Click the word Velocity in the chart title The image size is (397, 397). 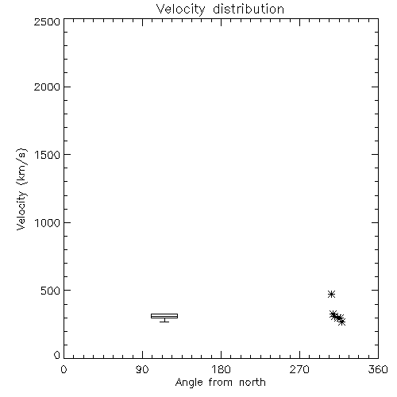click(x=180, y=10)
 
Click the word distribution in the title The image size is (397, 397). click(x=249, y=9)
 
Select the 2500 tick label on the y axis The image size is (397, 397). click(x=47, y=21)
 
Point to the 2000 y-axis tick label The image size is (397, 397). click(x=47, y=87)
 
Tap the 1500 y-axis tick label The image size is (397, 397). click(x=48, y=155)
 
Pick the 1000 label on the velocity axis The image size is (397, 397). click(x=48, y=222)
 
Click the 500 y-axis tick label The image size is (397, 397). click(x=51, y=291)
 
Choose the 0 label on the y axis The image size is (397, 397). click(x=57, y=355)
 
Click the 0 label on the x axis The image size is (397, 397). click(x=64, y=369)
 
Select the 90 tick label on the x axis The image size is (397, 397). click(x=142, y=369)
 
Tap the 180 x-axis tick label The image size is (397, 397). click(x=221, y=369)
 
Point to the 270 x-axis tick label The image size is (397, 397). click(x=299, y=369)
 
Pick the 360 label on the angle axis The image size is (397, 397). click(x=378, y=369)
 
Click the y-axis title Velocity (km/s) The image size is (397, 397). click(x=21, y=189)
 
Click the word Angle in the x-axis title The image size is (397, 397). click(x=189, y=383)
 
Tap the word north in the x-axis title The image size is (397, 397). click(x=252, y=383)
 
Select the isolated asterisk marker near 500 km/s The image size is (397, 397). click(x=331, y=294)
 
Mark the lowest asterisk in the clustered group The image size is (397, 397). click(x=341, y=322)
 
